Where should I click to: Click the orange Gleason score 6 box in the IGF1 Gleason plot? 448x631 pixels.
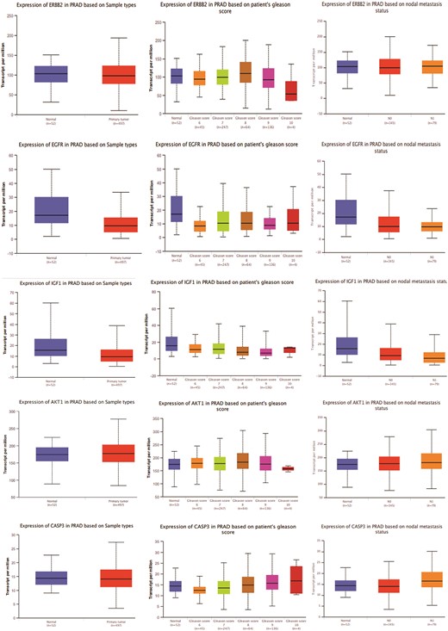[196, 349]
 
